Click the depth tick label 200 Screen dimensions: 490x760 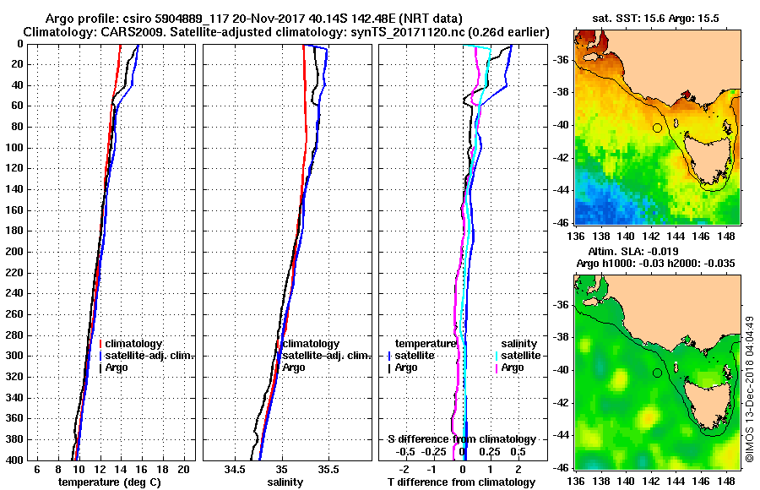click(x=14, y=252)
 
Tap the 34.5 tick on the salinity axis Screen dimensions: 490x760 click(x=236, y=469)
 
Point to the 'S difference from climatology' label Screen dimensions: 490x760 click(x=462, y=439)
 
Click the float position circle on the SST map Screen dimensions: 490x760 click(x=656, y=128)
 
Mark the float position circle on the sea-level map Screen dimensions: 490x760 click(x=656, y=373)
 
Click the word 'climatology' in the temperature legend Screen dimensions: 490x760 click(x=135, y=344)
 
